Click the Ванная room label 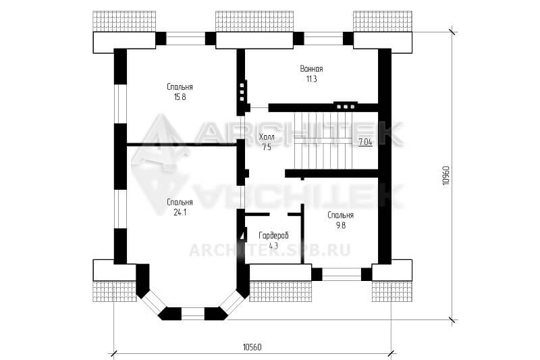[311, 68]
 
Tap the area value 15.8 [180, 97]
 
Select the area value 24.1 [180, 213]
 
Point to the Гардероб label [274, 236]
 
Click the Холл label [267, 137]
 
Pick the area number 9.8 [341, 226]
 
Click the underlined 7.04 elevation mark [365, 142]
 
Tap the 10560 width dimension [252, 346]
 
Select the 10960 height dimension [446, 176]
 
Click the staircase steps [324, 140]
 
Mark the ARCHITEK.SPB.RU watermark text [269, 250]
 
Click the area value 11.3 [311, 79]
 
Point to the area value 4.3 [273, 246]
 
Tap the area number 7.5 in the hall [267, 147]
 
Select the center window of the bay [193, 314]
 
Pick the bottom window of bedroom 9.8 [342, 275]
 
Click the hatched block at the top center [254, 22]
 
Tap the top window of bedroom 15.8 [186, 38]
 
